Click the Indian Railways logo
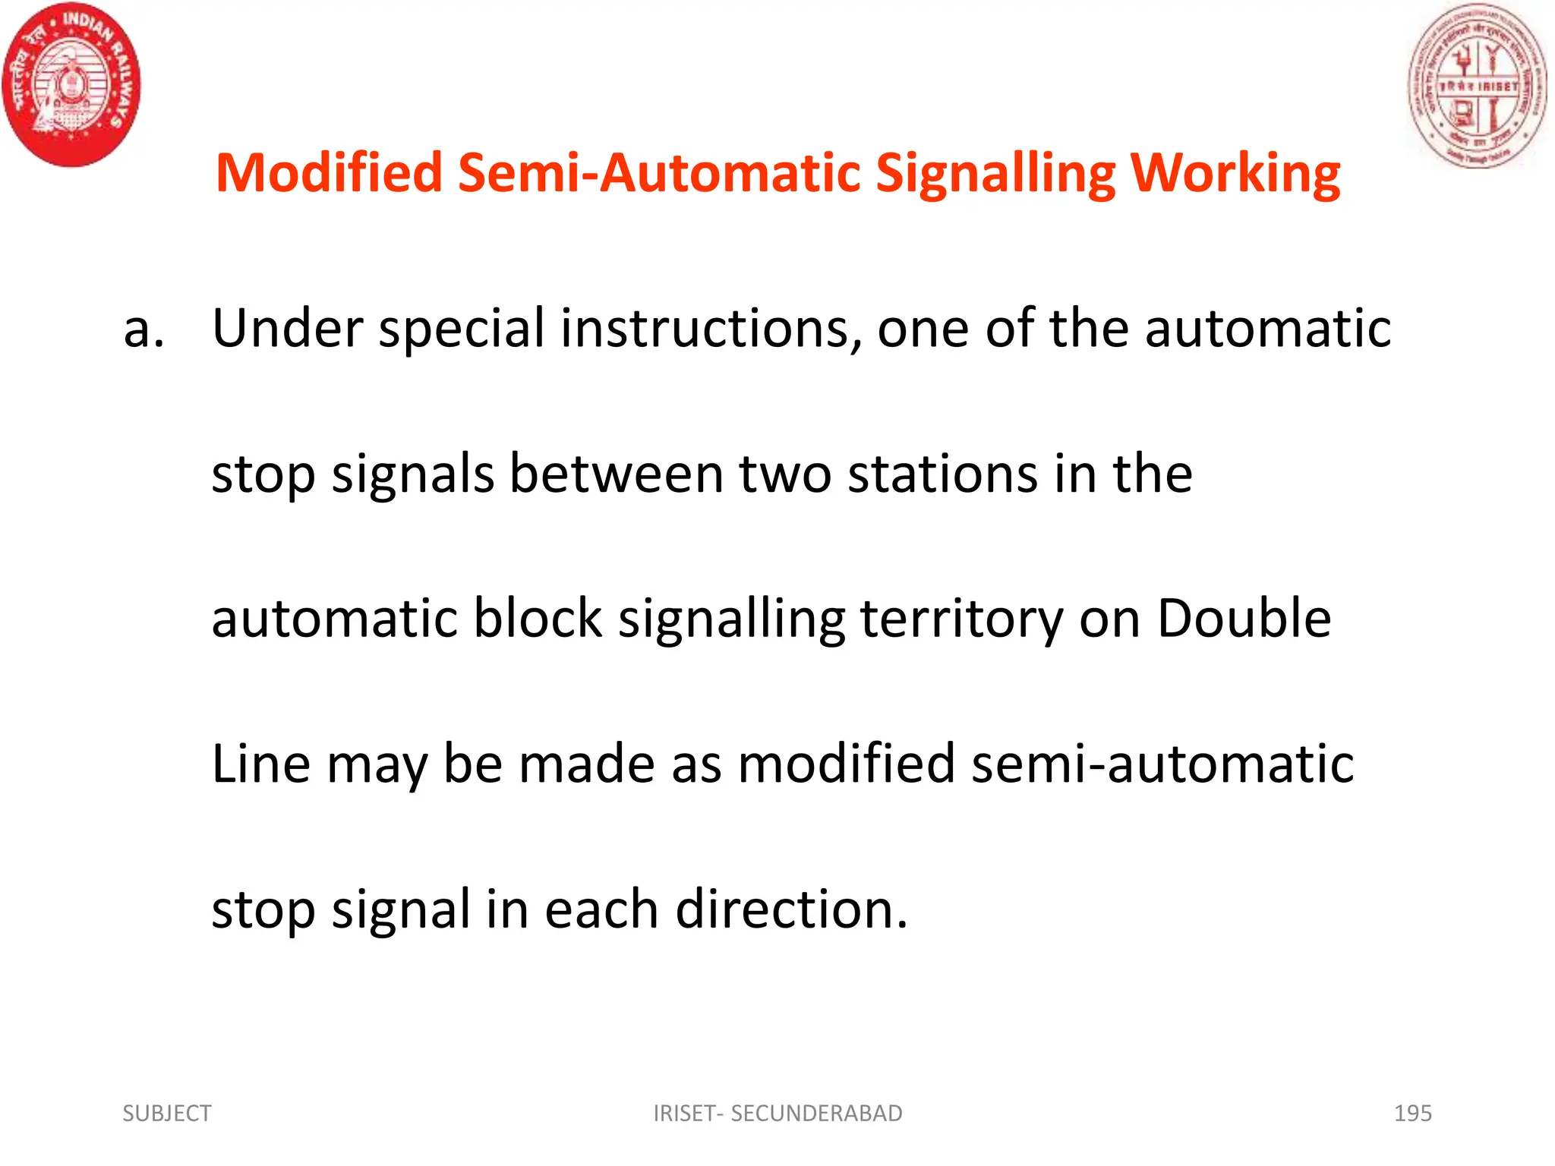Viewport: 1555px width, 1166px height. pos(72,84)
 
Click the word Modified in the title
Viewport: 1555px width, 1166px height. pos(329,173)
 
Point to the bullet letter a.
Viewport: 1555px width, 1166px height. pos(143,329)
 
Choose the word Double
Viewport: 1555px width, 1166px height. pos(1244,618)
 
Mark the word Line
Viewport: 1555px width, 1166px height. pos(260,764)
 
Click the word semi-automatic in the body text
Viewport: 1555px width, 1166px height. pos(1162,764)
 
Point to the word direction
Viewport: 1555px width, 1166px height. pos(791,909)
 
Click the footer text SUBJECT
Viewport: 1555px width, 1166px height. pos(167,1113)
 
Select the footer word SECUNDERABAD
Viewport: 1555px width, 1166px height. pos(816,1113)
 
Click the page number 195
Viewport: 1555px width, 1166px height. pos(1412,1113)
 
